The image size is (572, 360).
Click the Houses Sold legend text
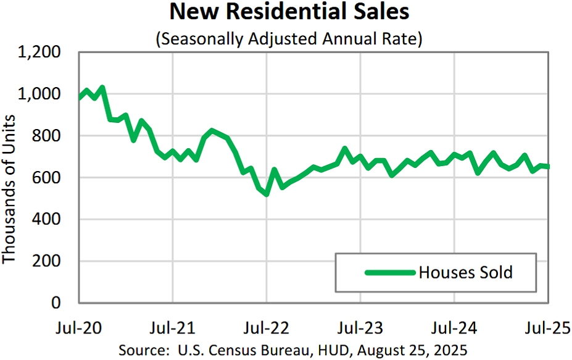[465, 272]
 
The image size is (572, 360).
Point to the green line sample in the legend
[388, 272]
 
